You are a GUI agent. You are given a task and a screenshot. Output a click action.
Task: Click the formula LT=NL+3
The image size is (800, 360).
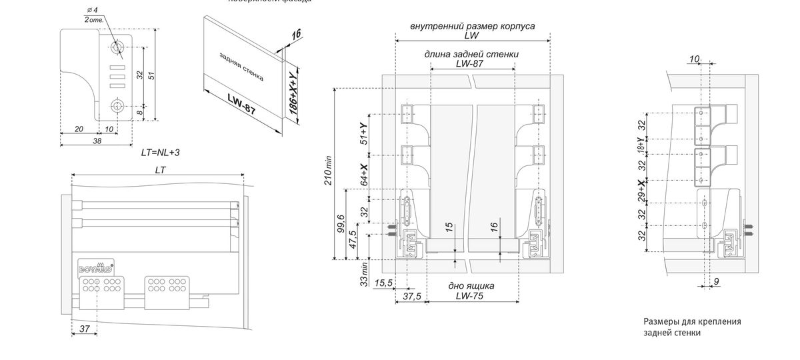pyautogui.click(x=160, y=152)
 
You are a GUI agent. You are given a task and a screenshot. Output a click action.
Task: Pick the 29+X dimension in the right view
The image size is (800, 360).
pyautogui.click(x=641, y=192)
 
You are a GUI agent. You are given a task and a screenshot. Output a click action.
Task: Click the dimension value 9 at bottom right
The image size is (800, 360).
pyautogui.click(x=715, y=282)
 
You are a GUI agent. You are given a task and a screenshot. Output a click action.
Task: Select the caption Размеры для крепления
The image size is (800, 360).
pyautogui.click(x=692, y=321)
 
